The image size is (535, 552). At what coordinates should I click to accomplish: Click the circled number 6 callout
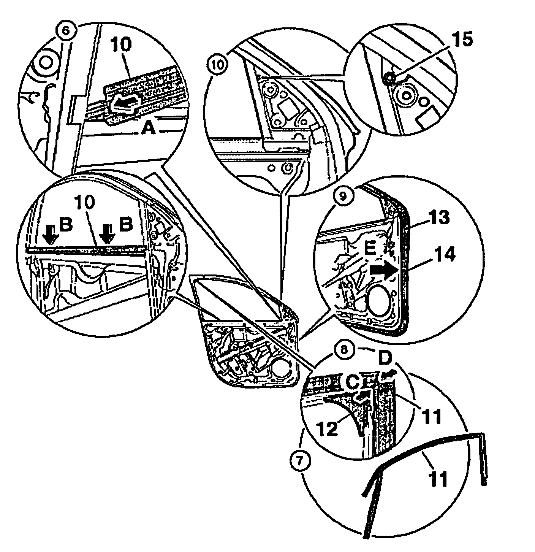pos(66,31)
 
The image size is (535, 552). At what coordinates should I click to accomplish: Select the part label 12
pos(328,428)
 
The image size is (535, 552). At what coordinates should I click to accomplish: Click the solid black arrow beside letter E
pos(383,270)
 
